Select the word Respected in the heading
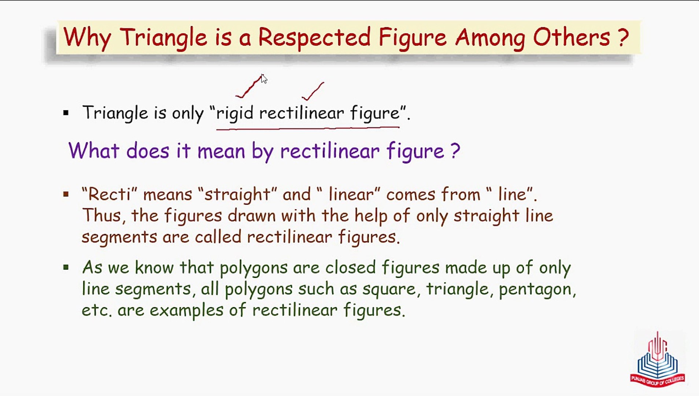[x=314, y=38]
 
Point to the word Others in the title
[x=571, y=37]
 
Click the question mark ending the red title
[x=623, y=37]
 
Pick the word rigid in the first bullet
[x=235, y=113]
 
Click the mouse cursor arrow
[x=264, y=79]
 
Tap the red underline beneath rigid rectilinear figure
[x=308, y=128]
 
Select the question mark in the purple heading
[x=455, y=150]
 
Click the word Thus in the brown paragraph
[x=101, y=215]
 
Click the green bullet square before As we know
[x=66, y=267]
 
